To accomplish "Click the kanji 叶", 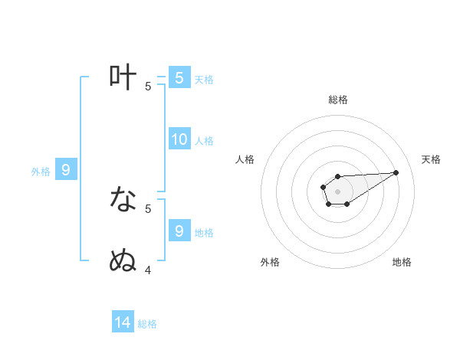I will [x=123, y=77].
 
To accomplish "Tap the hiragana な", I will [x=123, y=199].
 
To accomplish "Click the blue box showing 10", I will [x=179, y=139].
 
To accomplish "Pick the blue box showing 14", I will [x=123, y=322].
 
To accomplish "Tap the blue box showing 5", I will [x=179, y=77].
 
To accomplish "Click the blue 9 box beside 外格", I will [x=66, y=170].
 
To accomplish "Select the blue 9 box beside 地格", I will [x=179, y=230].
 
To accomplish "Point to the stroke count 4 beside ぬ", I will [x=148, y=270].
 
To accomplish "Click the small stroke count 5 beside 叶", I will [x=148, y=86].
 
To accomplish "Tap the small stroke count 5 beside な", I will [x=148, y=208].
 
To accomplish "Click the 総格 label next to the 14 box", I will [x=147, y=324].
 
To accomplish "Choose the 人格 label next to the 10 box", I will [x=205, y=141].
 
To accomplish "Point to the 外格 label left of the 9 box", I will [x=41, y=172].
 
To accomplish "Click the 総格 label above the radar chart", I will [x=337, y=100].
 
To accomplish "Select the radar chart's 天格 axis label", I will [x=431, y=159].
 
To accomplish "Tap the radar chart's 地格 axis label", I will [x=402, y=262].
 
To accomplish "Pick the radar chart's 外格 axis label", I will [x=270, y=262].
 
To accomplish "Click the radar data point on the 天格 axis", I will [x=396, y=172].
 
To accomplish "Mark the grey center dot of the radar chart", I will [x=337, y=191].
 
